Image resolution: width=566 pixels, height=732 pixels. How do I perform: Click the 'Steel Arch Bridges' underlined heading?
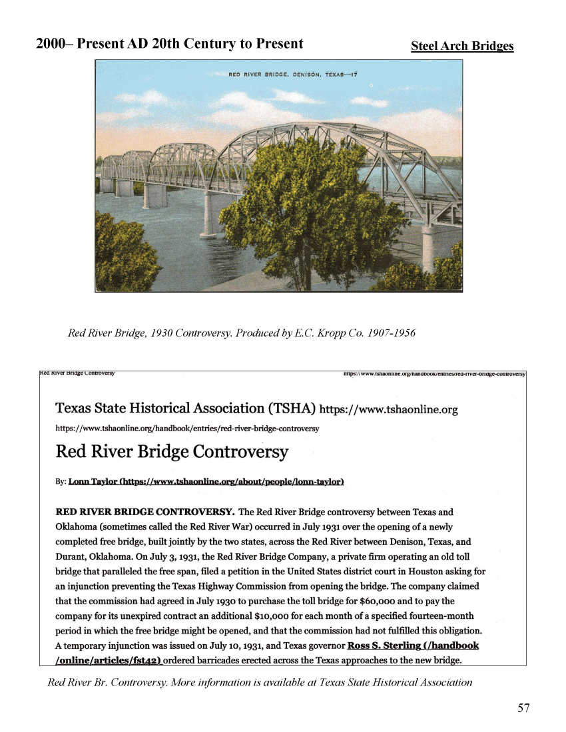(462, 46)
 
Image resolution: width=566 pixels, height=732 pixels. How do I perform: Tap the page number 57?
(524, 708)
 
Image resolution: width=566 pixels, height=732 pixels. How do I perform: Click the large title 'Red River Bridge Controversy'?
(172, 453)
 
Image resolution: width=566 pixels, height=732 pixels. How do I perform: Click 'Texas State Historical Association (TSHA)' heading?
(186, 408)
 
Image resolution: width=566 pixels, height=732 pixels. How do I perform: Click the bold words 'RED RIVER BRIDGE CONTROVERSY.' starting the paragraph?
(144, 512)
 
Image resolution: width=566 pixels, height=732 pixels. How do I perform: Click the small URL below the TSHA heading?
(187, 429)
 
